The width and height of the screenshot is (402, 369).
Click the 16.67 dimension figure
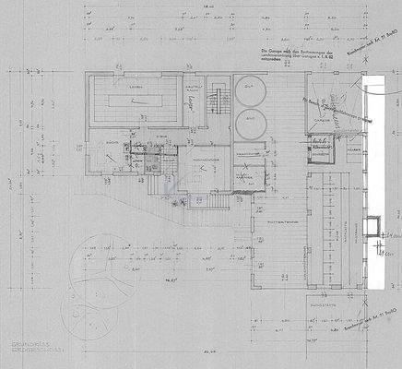coord(146,275)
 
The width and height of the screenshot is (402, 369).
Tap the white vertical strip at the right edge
coord(378,184)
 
